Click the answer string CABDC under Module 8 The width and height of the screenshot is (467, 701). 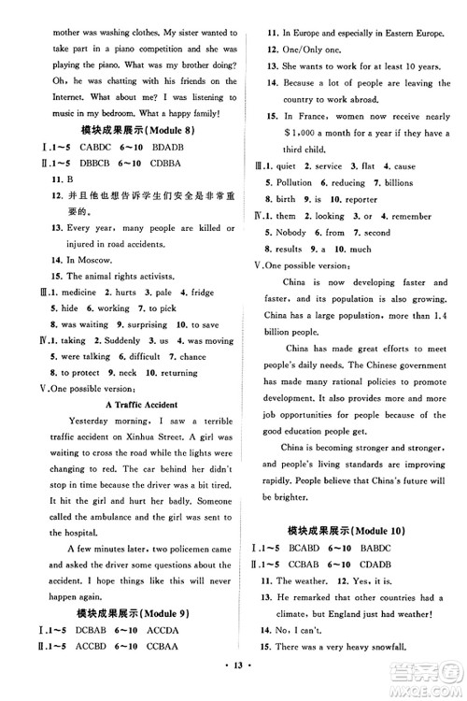[x=71, y=146]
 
